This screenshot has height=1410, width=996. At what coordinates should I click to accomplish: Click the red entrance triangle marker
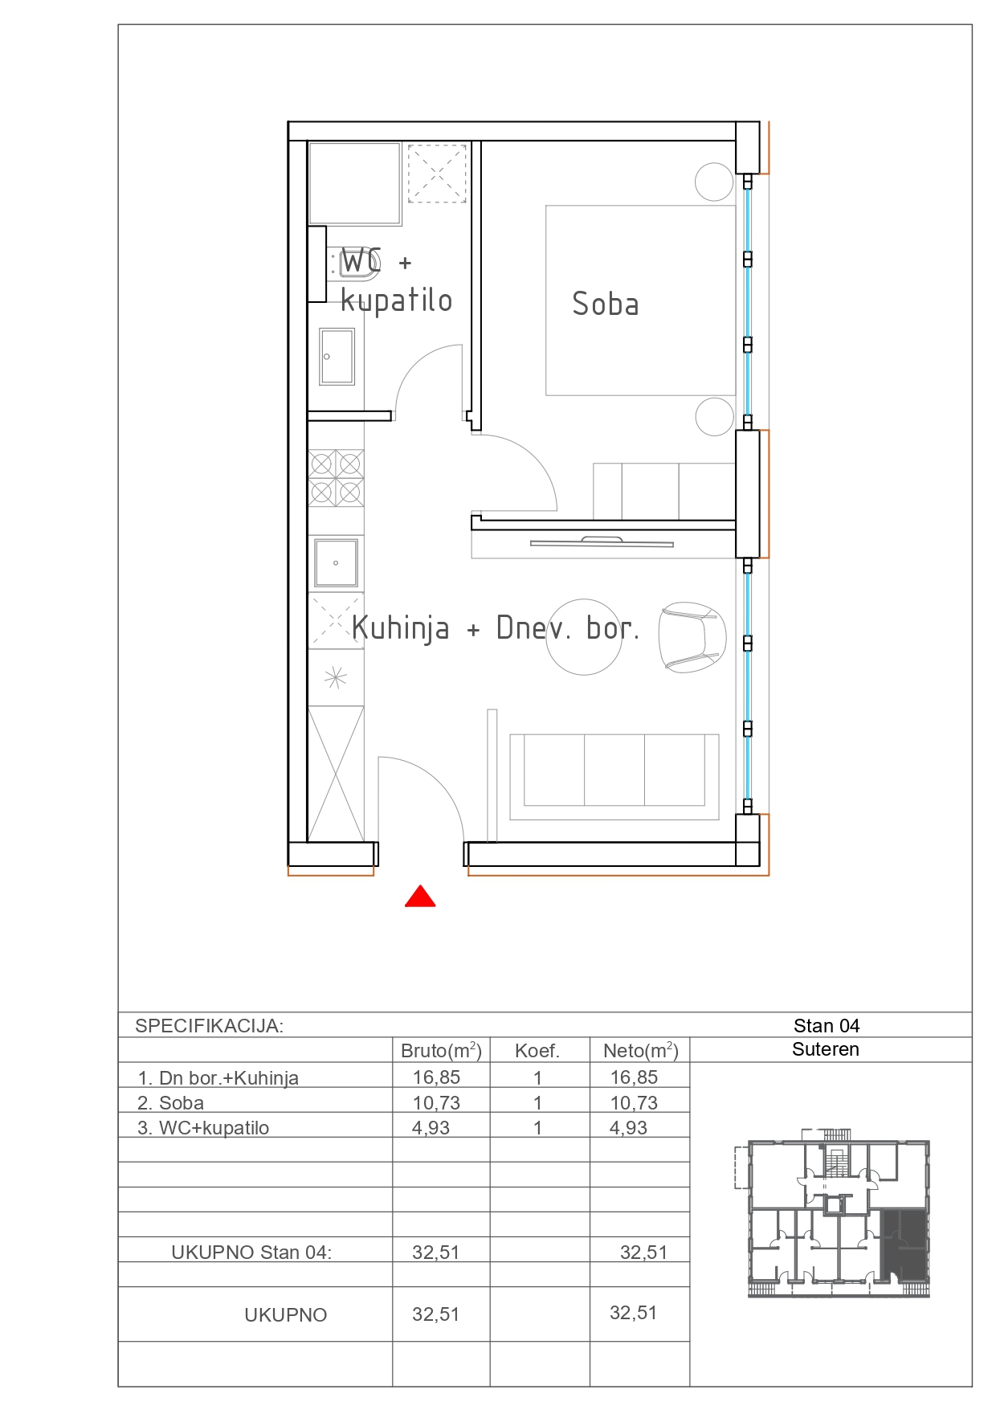pyautogui.click(x=420, y=897)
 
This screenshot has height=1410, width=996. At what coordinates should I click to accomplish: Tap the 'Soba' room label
pyautogui.click(x=606, y=304)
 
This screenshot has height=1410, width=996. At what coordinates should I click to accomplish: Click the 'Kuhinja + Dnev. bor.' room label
pyautogui.click(x=496, y=628)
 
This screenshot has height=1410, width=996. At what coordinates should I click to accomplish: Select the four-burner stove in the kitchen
pyautogui.click(x=336, y=478)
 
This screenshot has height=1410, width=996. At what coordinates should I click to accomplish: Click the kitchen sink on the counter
pyautogui.click(x=336, y=562)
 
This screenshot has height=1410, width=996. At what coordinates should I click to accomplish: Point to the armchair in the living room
pyautogui.click(x=692, y=637)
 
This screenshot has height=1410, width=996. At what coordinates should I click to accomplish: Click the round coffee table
pyautogui.click(x=584, y=637)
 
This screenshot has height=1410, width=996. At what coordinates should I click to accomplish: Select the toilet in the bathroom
pyautogui.click(x=354, y=264)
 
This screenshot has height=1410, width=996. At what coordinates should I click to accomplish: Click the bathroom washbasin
pyautogui.click(x=337, y=356)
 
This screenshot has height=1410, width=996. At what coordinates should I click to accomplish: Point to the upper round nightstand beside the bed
pyautogui.click(x=714, y=182)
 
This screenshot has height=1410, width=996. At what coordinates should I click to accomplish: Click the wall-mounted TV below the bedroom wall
pyautogui.click(x=602, y=542)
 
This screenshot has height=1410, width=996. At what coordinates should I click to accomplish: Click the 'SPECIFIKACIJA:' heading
pyautogui.click(x=209, y=1026)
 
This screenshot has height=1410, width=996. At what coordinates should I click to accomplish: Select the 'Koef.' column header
pyautogui.click(x=537, y=1051)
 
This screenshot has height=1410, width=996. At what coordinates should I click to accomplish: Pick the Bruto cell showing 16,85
pyautogui.click(x=436, y=1077)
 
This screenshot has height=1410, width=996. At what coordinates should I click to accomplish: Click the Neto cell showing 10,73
pyautogui.click(x=634, y=1103)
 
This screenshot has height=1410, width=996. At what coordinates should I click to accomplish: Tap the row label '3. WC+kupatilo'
pyautogui.click(x=203, y=1128)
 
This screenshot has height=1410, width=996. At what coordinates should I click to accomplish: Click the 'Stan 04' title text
pyautogui.click(x=827, y=1026)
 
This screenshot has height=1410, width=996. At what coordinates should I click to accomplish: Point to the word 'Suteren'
pyautogui.click(x=826, y=1049)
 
